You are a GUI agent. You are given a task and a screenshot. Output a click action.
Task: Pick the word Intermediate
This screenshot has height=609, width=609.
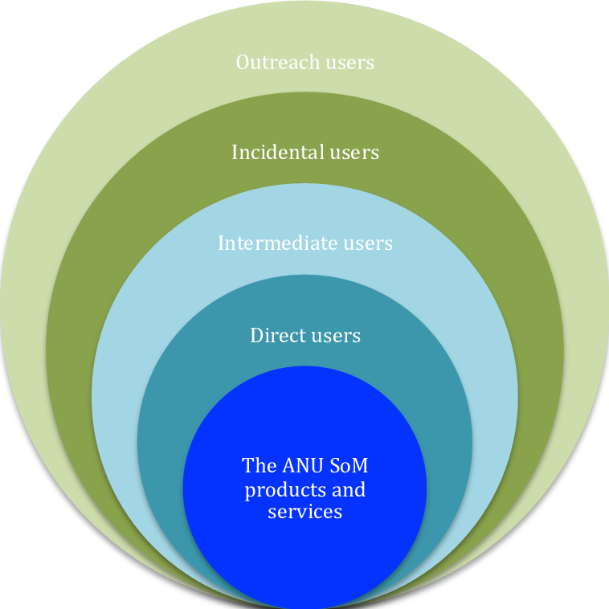tap(269, 243)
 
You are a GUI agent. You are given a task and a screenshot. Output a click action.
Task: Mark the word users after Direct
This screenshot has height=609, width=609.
tap(335, 336)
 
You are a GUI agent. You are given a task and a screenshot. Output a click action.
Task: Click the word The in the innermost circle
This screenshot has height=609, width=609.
tap(259, 465)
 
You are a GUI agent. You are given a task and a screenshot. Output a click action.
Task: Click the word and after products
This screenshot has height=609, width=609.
tap(348, 488)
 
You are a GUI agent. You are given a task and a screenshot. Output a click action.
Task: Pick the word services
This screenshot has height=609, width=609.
tap(304, 512)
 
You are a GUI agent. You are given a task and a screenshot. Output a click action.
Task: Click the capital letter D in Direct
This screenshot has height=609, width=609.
tap(256, 335)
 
